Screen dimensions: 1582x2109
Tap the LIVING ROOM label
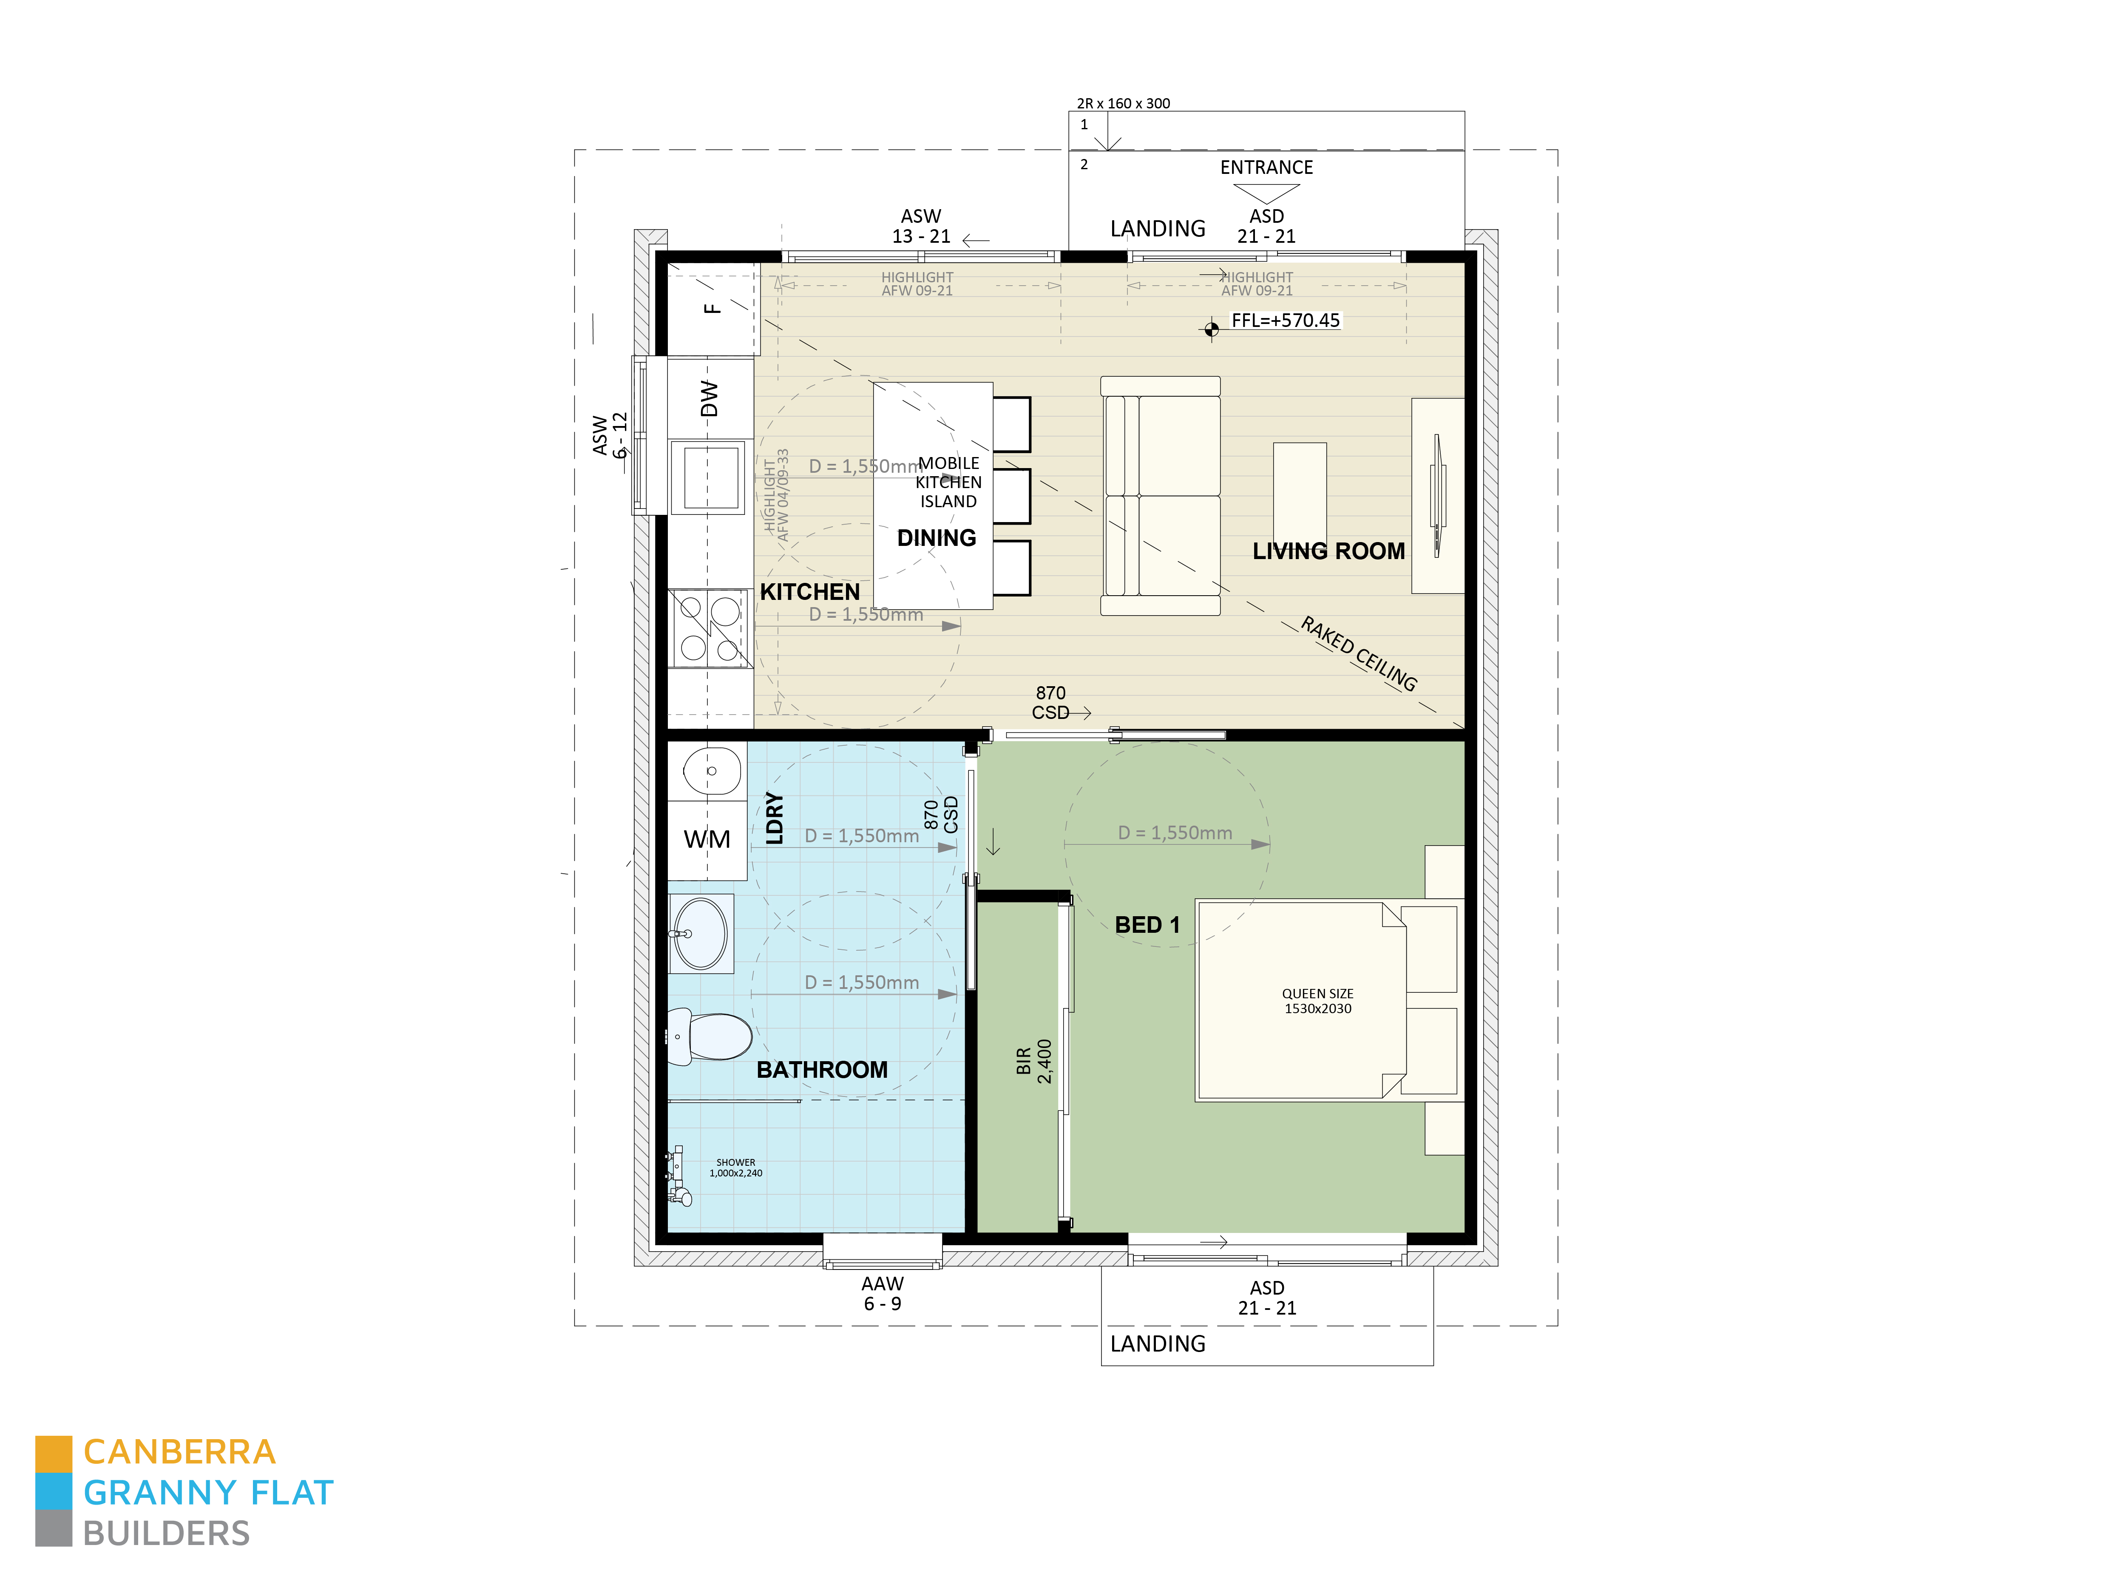[x=1328, y=551]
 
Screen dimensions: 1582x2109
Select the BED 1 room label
[x=1147, y=925]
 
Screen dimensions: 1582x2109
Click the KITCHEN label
[x=809, y=592]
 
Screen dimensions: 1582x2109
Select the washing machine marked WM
[x=707, y=839]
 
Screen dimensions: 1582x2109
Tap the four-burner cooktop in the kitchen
[x=708, y=628]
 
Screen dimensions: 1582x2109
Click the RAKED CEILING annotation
[x=1359, y=654]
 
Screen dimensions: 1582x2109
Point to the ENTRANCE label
[x=1266, y=168]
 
